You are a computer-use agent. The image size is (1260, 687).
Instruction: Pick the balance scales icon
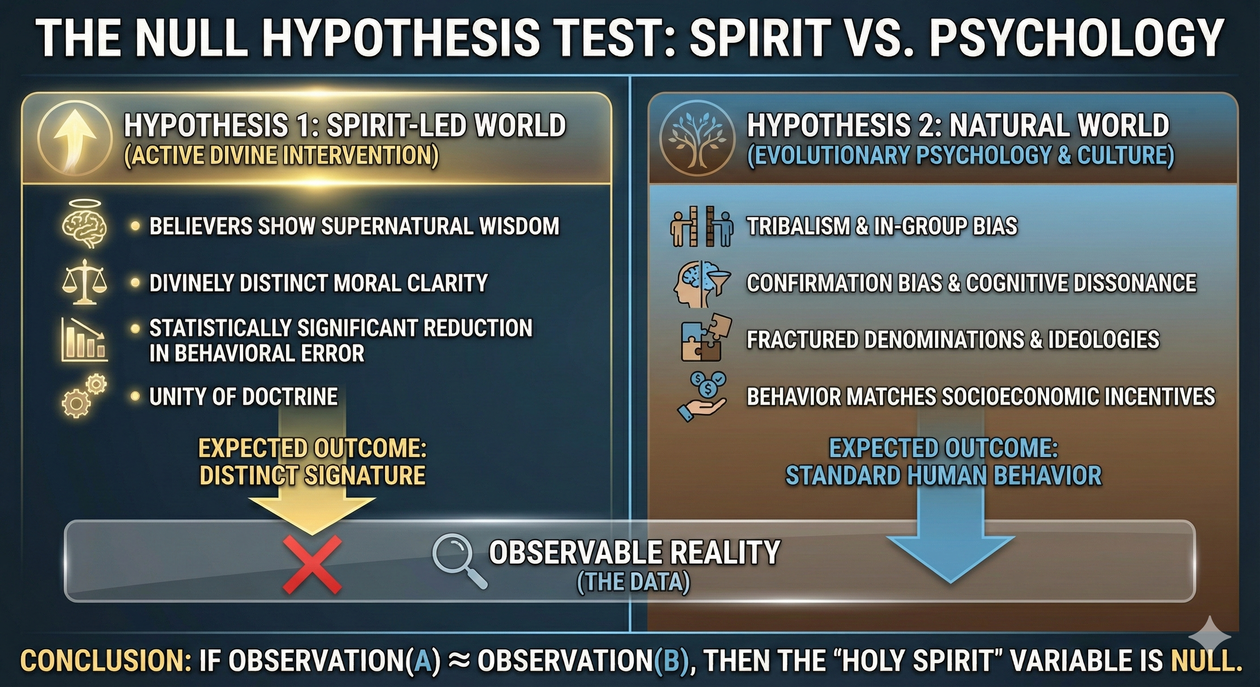pyautogui.click(x=85, y=283)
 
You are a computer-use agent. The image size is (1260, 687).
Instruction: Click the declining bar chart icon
pyautogui.click(x=84, y=339)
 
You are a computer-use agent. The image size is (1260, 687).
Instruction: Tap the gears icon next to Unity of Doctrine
pyautogui.click(x=84, y=396)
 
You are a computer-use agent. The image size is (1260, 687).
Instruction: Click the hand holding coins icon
pyautogui.click(x=702, y=397)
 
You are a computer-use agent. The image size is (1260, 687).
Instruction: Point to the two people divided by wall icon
pyautogui.click(x=702, y=226)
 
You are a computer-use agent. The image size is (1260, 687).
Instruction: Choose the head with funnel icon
pyautogui.click(x=702, y=282)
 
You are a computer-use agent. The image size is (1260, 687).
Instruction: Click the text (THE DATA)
pyautogui.click(x=634, y=582)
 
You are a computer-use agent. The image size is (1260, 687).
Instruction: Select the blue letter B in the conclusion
pyautogui.click(x=671, y=661)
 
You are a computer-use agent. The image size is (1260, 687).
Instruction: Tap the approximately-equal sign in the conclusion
pyautogui.click(x=459, y=661)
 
